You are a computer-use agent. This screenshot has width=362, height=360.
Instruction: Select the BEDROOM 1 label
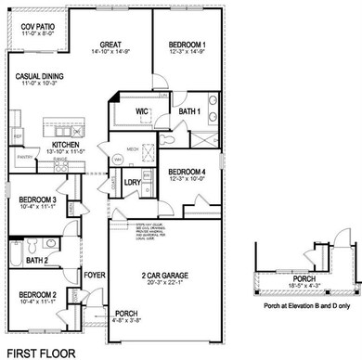coord(187,44)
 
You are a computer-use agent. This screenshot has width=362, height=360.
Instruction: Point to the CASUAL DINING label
coord(37,80)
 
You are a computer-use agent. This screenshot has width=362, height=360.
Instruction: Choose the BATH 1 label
coord(189,112)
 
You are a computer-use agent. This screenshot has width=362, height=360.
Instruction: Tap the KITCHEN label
coord(70,146)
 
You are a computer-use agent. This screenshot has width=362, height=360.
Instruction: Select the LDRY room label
coord(131,182)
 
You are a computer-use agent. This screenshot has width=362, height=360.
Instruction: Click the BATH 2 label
coord(39,261)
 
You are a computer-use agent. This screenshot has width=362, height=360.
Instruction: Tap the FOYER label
coord(95,276)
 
